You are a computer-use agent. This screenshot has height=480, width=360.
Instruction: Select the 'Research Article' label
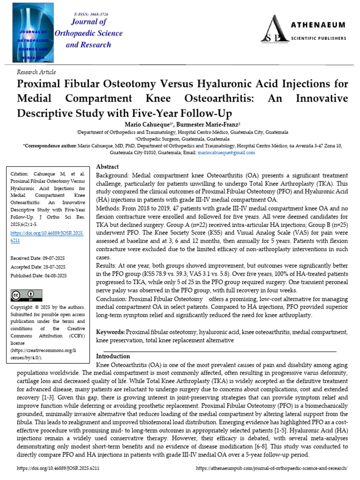pos(36,72)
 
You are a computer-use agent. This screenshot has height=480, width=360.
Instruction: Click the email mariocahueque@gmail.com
pos(233,152)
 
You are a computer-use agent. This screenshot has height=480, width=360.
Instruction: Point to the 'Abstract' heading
pos(107,167)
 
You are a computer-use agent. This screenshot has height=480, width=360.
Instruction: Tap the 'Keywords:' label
pos(111,332)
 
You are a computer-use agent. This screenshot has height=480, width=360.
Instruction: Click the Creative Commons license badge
pos(26,295)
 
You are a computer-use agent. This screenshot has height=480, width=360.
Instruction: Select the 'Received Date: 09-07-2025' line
pos(38,258)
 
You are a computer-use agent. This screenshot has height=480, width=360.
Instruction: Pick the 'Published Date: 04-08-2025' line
pos(38,276)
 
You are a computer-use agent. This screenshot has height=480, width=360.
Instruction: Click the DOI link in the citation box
pos(46,236)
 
